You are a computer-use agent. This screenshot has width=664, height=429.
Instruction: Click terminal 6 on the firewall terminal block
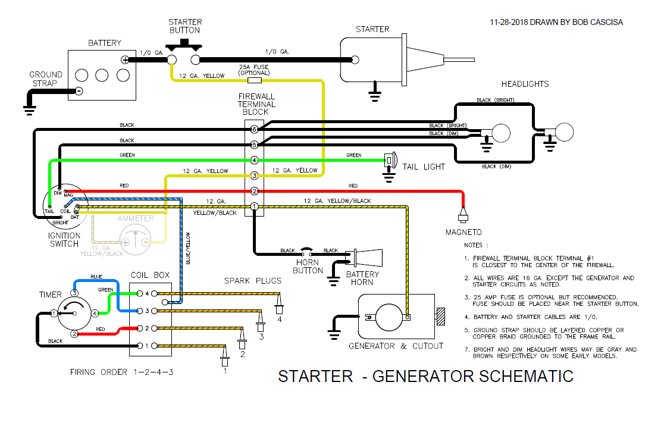click(x=254, y=129)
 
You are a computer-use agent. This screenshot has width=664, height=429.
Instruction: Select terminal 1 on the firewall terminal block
click(x=254, y=206)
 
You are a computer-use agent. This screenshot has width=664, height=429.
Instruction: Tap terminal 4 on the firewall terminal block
click(x=254, y=160)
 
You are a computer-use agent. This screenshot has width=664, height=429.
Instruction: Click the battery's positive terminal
click(x=125, y=60)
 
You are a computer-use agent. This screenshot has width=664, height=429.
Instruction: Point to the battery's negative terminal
click(x=78, y=91)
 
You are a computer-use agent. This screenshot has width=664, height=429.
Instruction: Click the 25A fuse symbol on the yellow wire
click(x=255, y=80)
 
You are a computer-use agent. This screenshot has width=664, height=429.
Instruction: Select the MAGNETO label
click(x=464, y=232)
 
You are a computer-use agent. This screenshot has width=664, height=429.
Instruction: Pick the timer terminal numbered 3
click(x=74, y=293)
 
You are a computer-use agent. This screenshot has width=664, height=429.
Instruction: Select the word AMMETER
click(x=136, y=218)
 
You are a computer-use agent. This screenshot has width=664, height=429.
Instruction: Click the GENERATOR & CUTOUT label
click(x=396, y=346)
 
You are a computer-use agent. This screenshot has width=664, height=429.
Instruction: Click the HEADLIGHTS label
click(x=525, y=84)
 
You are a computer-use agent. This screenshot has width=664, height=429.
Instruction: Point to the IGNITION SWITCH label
click(x=64, y=239)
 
